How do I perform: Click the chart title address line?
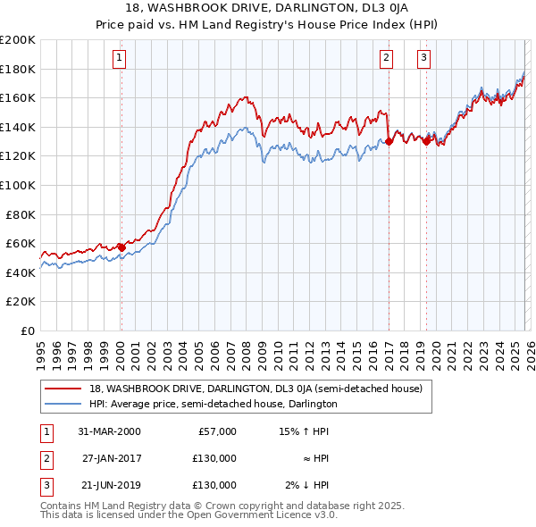(268, 8)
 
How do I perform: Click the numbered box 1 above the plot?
(120, 59)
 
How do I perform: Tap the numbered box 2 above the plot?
(386, 59)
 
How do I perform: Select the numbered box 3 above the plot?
(423, 59)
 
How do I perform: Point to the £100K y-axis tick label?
(17, 185)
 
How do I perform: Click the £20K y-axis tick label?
(20, 302)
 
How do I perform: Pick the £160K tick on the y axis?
(17, 97)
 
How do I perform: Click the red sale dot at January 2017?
(389, 141)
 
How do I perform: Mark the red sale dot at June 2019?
(426, 141)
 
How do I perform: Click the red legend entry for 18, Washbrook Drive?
(261, 389)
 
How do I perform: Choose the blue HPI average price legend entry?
(213, 404)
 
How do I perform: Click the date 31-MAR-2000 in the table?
(109, 431)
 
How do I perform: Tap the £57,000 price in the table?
(216, 431)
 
